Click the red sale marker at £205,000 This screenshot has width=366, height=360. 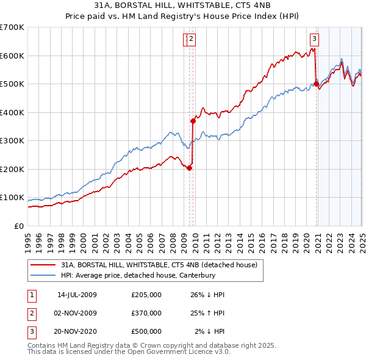[189, 168]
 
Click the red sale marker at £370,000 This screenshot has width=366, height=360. [193, 121]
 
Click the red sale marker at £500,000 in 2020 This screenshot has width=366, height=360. [316, 84]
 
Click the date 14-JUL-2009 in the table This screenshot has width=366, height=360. [77, 295]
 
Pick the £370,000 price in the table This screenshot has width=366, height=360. [146, 313]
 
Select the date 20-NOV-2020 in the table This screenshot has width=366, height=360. [77, 331]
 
